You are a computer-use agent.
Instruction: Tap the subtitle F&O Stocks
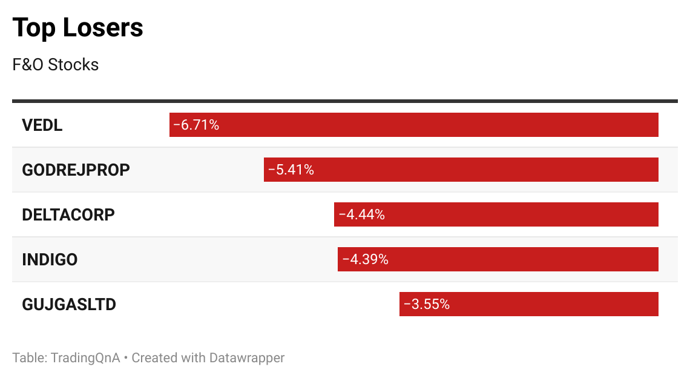click(55, 65)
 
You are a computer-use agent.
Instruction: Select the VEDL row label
click(42, 125)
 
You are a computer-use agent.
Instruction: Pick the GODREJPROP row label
click(76, 170)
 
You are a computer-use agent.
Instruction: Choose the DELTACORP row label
click(68, 214)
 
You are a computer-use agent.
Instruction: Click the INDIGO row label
click(50, 260)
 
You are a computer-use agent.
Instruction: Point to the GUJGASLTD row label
click(68, 304)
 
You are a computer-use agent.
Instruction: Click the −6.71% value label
click(195, 125)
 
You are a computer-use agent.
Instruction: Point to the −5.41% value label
click(291, 170)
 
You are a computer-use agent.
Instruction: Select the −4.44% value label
click(361, 214)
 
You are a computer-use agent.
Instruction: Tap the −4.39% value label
click(365, 259)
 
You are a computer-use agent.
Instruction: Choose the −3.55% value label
click(426, 304)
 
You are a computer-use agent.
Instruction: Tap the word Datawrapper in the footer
click(246, 357)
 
